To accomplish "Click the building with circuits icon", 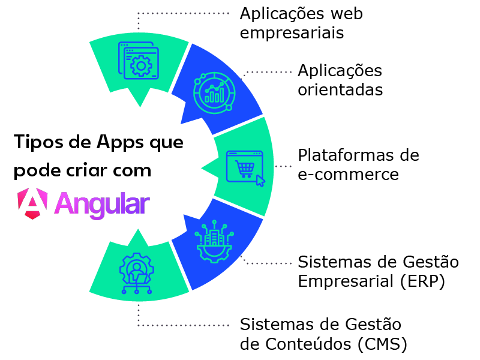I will coord(215,242).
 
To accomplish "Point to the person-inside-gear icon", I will coord(137,273).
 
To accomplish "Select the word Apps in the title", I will coord(119,144).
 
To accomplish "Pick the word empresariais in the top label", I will coord(292,32).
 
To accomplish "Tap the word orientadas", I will coord(340,90).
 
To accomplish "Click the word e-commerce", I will coord(348,175).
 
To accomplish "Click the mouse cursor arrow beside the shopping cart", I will coord(260,179).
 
